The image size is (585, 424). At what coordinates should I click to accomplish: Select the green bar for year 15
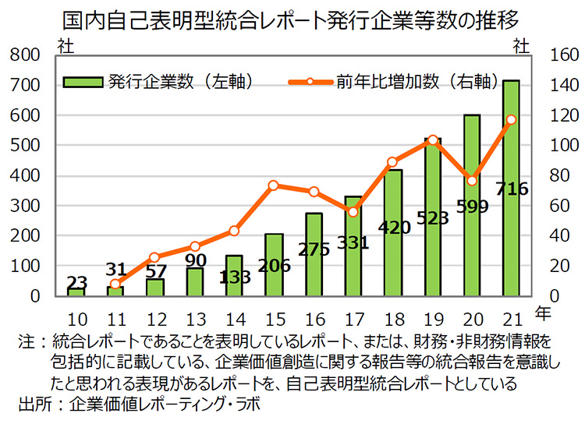pos(274,265)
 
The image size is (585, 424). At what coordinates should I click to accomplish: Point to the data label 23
pos(76,281)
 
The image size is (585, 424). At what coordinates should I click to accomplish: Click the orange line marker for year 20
pos(472,181)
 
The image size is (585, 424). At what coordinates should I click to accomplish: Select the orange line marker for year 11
pos(115,284)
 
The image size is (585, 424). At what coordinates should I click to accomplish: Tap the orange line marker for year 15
pos(274,185)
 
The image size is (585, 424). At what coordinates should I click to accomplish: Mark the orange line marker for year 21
pos(512,120)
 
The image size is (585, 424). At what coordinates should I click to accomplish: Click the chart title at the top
pos(292,17)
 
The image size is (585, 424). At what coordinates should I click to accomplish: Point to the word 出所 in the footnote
pos(33,404)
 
